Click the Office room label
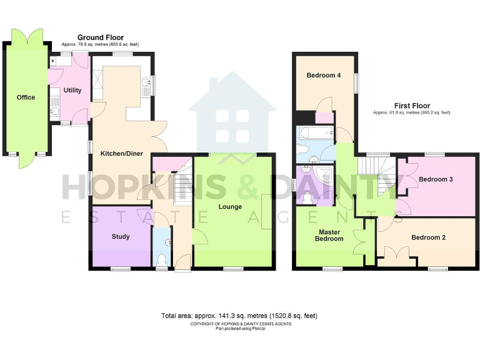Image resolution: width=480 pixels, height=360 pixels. pos(26,97)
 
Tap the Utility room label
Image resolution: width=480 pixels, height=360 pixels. pos(72,91)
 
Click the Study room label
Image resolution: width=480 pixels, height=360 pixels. pos(121,237)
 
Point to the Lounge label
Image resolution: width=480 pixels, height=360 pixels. pos(230,207)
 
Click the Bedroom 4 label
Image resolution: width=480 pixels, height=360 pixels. pos(323,76)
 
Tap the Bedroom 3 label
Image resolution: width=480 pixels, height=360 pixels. pos(436,179)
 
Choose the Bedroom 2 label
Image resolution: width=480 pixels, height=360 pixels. pos(428,237)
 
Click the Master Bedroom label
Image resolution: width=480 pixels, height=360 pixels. pos(329,235)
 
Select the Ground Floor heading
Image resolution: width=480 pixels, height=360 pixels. pos(100,38)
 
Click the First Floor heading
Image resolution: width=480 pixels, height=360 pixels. pos(411,106)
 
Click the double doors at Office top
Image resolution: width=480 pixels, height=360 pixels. pos(26,36)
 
